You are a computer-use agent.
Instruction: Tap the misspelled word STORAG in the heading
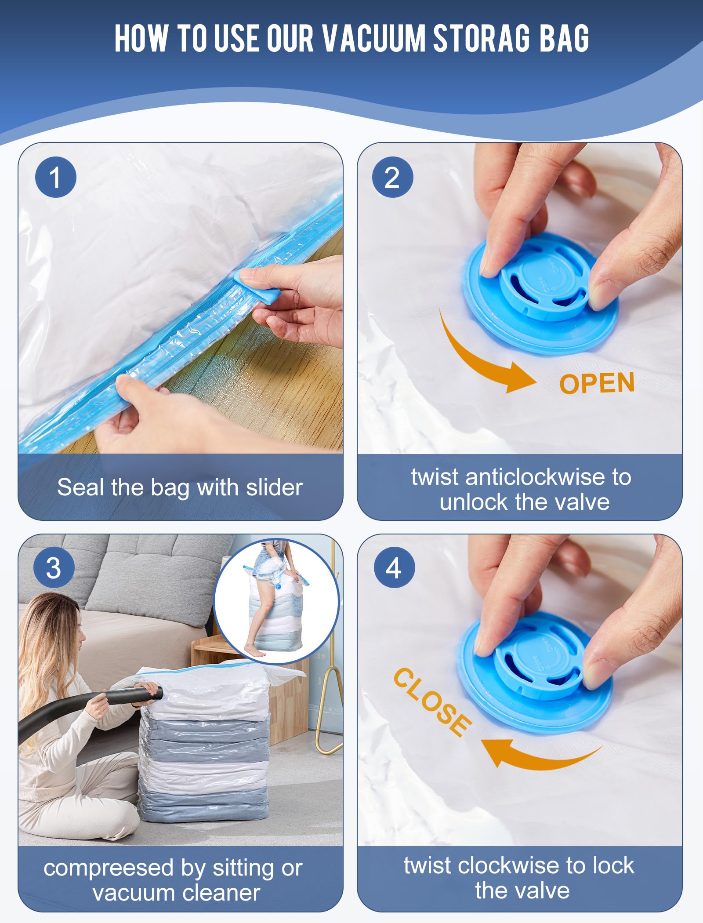[482, 38]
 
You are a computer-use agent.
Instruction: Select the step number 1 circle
[56, 177]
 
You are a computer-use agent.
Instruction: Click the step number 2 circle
[392, 177]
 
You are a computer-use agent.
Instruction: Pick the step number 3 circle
[54, 567]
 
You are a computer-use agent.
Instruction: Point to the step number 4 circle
[394, 567]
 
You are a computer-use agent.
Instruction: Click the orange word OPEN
[597, 383]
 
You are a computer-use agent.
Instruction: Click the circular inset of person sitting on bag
[276, 601]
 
